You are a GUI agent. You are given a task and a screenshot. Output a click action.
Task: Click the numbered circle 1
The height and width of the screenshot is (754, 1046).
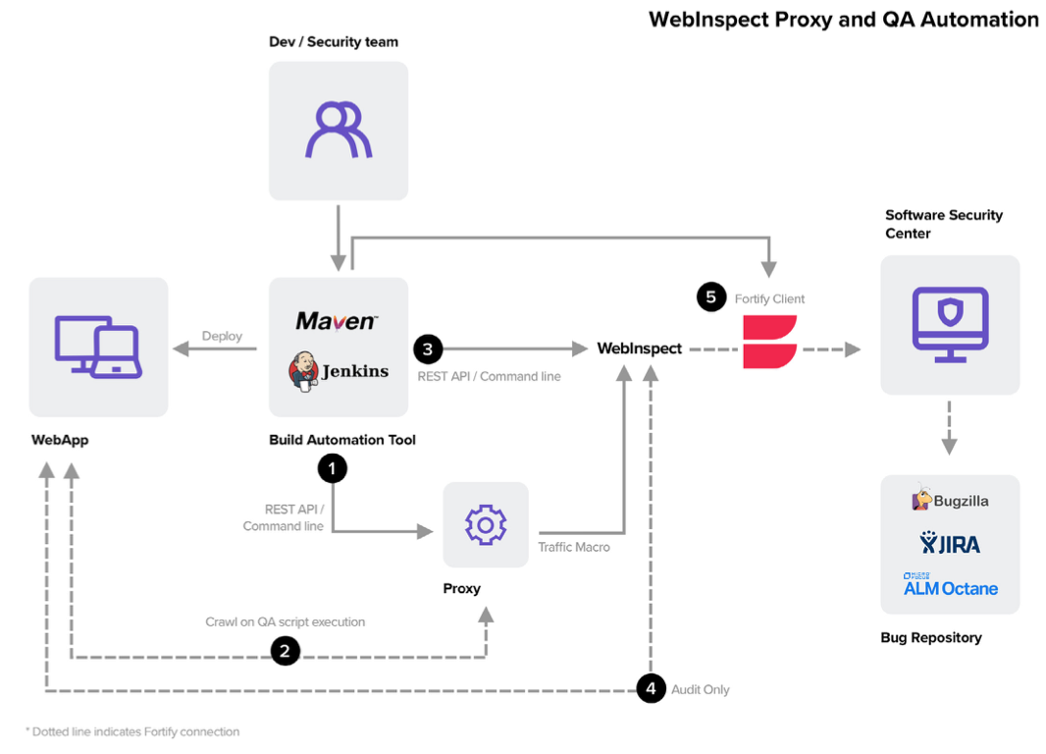(x=333, y=469)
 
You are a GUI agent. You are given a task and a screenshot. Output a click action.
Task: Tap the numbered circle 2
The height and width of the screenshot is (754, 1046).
(x=285, y=650)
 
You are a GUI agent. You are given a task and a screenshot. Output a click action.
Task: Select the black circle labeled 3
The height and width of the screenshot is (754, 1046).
(x=428, y=349)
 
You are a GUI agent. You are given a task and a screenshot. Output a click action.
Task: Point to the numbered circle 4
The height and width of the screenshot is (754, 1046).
(x=651, y=689)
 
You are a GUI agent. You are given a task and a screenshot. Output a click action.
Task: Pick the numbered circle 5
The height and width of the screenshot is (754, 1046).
(x=711, y=297)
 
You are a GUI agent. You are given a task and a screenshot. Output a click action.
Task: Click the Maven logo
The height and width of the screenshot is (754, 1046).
(x=337, y=321)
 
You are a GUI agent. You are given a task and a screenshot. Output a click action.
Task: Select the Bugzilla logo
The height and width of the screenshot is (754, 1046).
(x=950, y=501)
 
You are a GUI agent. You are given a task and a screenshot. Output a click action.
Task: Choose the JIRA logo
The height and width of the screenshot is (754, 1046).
(x=950, y=543)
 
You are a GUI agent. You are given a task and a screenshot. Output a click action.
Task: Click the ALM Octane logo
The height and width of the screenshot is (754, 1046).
(x=950, y=586)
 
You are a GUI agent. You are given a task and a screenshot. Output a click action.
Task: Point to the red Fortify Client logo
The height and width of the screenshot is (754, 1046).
(x=769, y=342)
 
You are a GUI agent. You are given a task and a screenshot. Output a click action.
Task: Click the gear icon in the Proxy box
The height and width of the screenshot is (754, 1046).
(x=485, y=525)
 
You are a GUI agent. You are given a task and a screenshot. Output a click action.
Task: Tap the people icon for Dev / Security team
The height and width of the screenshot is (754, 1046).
(x=339, y=130)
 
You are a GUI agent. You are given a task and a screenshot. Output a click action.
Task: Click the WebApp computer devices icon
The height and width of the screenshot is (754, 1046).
(x=98, y=347)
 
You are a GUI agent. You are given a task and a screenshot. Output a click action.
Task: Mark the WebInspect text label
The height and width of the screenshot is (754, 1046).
(x=639, y=349)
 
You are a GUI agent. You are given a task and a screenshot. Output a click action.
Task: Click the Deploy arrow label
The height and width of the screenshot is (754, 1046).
(x=222, y=336)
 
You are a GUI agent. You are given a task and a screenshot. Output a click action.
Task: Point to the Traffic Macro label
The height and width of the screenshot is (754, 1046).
(x=574, y=547)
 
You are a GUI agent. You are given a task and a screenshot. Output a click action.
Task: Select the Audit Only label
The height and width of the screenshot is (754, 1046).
(x=701, y=689)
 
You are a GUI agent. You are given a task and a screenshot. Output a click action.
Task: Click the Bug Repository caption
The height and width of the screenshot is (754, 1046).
(x=930, y=638)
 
